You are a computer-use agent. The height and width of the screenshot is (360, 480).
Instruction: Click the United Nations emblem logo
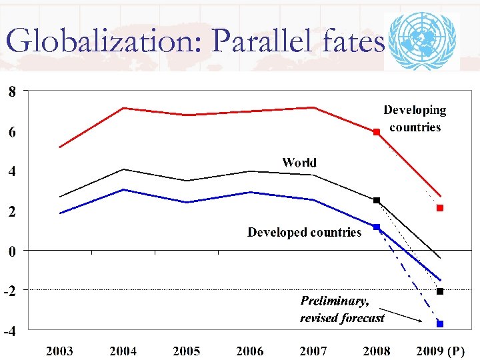[x=422, y=41]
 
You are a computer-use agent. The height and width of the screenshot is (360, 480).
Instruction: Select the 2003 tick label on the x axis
[x=59, y=351]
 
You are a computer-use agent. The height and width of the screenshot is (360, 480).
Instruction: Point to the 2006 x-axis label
[x=249, y=351]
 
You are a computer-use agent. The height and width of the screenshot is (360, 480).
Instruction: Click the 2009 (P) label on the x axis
[x=440, y=351]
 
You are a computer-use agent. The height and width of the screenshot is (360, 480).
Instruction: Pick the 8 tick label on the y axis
[x=12, y=92]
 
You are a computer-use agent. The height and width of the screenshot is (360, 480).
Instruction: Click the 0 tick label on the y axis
[x=12, y=251]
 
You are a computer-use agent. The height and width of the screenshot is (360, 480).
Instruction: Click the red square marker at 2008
[x=376, y=133]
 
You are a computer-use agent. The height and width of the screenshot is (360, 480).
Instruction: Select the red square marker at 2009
[x=440, y=208]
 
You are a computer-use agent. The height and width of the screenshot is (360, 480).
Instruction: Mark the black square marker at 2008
[x=376, y=200]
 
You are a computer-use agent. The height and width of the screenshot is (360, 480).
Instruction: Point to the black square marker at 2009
[x=440, y=291]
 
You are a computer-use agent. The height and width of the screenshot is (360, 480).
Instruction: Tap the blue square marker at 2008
[x=376, y=227]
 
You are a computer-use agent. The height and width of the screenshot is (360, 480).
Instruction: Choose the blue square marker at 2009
[x=440, y=324]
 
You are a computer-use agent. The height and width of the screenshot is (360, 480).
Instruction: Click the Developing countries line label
[x=415, y=119]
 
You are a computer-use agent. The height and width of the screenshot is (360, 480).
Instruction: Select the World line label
[x=299, y=163]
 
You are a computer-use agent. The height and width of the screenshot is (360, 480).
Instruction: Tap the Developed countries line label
[x=304, y=233]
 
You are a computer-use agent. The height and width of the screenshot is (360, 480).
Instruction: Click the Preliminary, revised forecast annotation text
[x=342, y=309]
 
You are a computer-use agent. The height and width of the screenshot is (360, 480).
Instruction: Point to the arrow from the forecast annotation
[x=404, y=316]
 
